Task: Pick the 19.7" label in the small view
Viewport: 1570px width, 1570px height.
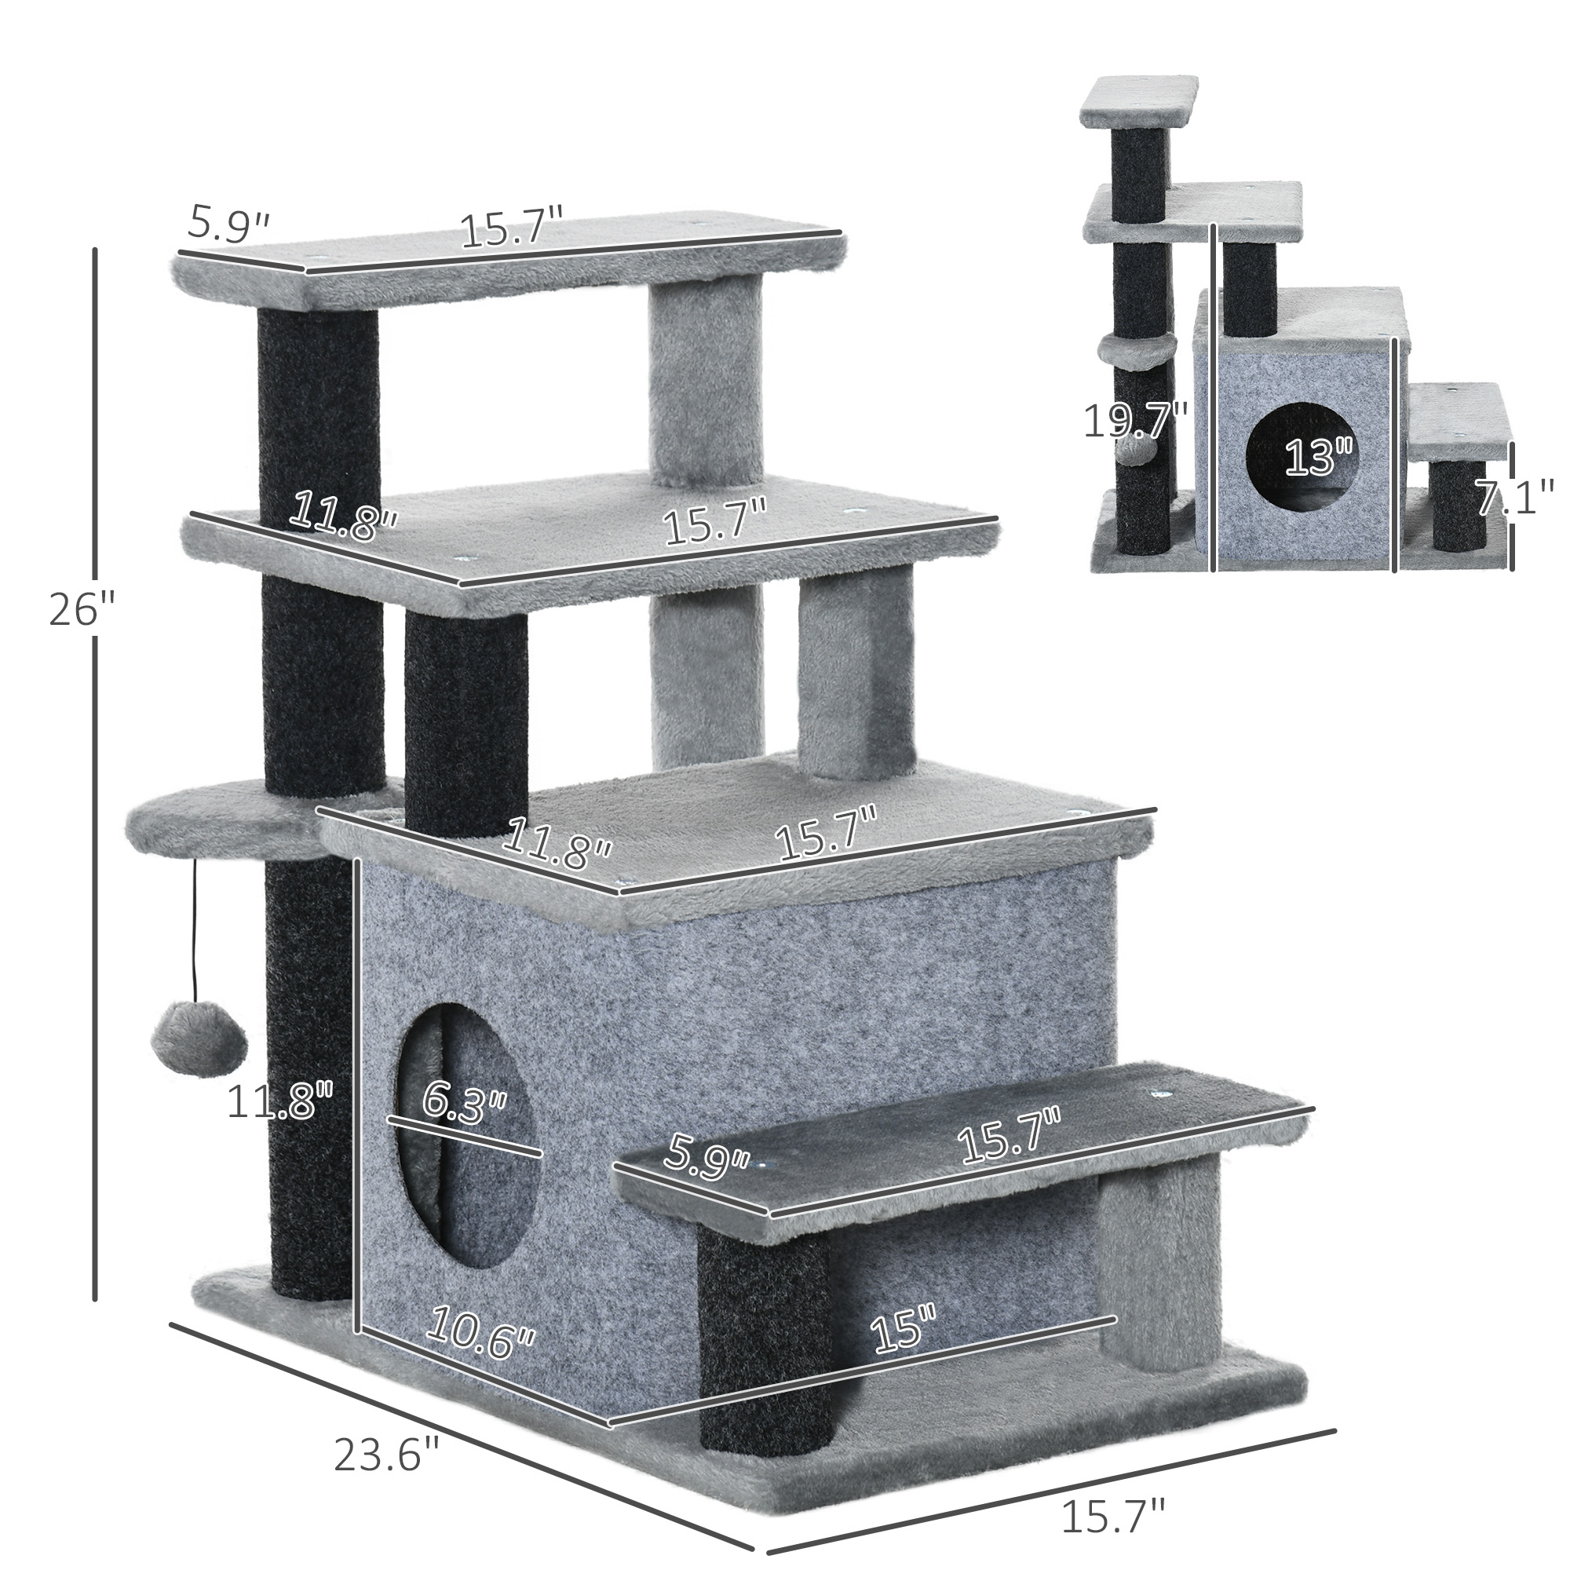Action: [1135, 421]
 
